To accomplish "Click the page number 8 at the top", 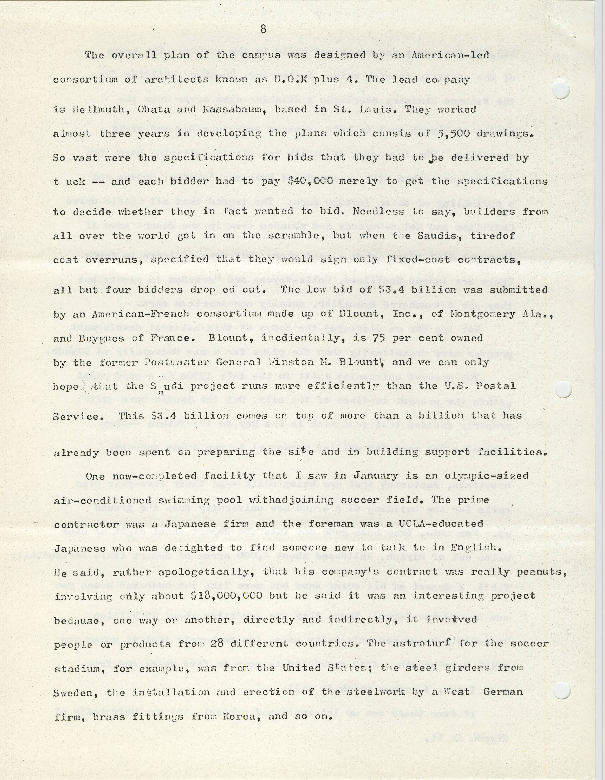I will [x=263, y=29].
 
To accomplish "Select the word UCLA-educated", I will [x=438, y=524].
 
